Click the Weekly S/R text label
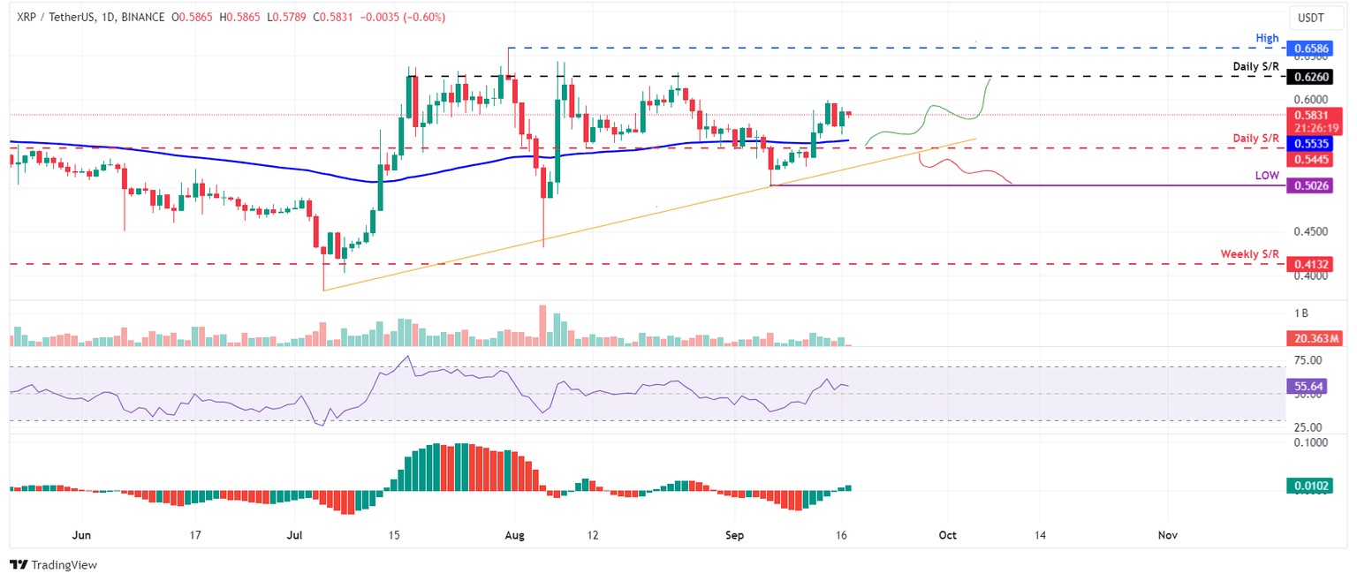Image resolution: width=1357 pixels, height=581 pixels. [1249, 254]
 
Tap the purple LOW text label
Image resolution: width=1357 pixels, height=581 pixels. [1267, 176]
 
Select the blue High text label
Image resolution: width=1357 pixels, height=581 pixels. [1266, 37]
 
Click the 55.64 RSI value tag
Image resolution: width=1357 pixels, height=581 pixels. [1308, 387]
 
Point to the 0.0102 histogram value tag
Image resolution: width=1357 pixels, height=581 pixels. [1308, 486]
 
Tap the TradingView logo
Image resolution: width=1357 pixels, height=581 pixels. [53, 564]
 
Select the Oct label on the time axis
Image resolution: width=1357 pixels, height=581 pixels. [947, 535]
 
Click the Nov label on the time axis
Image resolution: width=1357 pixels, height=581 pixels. [1167, 535]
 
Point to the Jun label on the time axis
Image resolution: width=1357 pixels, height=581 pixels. [81, 535]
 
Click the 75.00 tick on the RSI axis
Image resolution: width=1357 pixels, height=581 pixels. [1308, 360]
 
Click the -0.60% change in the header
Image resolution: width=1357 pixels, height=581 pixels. [425, 18]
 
